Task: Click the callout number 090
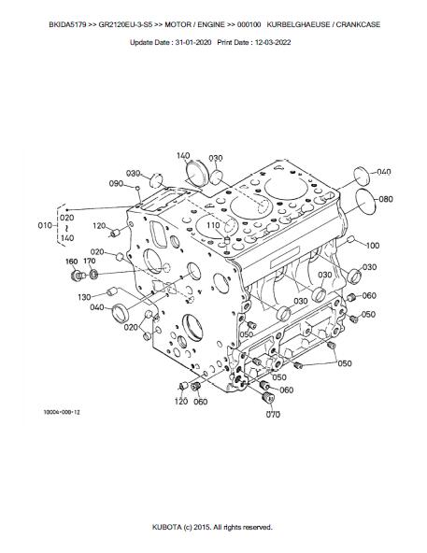(116, 183)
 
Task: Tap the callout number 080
(386, 199)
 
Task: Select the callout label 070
(273, 415)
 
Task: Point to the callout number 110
(213, 225)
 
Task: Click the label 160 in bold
(72, 262)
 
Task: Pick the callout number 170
(90, 261)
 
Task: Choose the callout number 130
(84, 297)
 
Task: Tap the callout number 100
(372, 245)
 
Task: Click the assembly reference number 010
(45, 225)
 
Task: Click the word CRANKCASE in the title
(358, 24)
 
